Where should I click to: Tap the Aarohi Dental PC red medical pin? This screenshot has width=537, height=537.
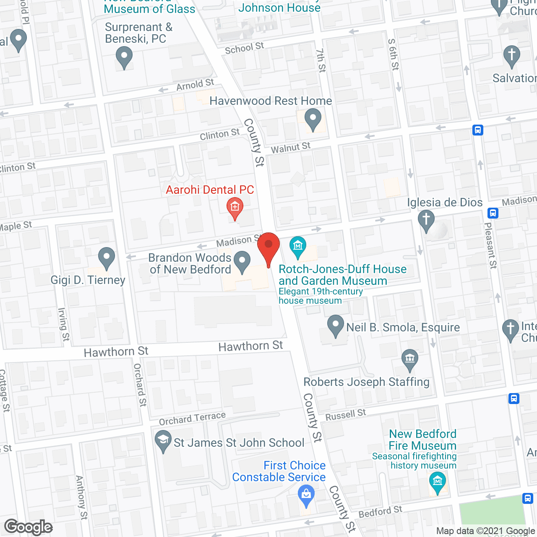click(x=235, y=207)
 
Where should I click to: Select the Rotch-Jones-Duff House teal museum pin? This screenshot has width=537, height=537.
click(x=298, y=246)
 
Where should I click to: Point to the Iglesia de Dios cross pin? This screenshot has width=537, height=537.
click(x=426, y=220)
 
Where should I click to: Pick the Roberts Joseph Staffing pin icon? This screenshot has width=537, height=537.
click(x=410, y=359)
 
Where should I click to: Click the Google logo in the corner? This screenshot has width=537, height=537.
click(x=29, y=527)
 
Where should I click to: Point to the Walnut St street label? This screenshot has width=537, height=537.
click(x=290, y=148)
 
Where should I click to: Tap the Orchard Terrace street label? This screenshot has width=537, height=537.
click(x=192, y=418)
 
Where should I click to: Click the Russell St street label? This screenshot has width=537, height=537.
click(x=346, y=414)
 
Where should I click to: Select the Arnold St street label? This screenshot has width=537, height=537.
click(x=195, y=85)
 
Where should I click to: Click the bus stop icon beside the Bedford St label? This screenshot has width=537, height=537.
click(x=528, y=498)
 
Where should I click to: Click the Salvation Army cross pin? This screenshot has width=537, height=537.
click(x=511, y=55)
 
